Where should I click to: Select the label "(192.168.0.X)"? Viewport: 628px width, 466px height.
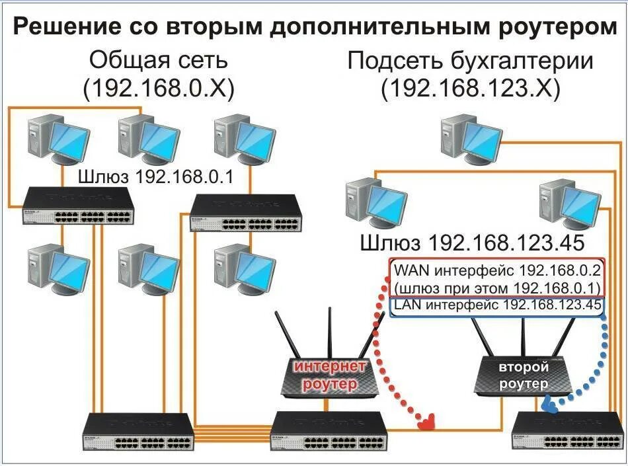[x=159, y=88]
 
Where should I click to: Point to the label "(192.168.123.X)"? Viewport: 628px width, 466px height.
[x=471, y=88]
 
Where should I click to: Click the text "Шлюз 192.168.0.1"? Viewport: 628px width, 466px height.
[x=155, y=176]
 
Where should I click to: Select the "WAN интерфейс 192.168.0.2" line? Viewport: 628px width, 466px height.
[x=496, y=271]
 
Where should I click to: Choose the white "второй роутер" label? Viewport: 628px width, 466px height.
[x=524, y=375]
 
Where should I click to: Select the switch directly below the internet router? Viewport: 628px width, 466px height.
[x=327, y=430]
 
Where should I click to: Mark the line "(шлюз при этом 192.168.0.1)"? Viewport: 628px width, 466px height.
[x=496, y=288]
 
